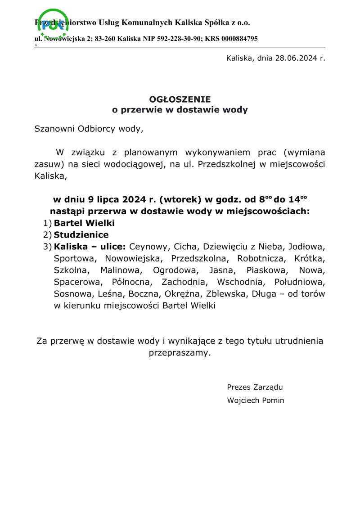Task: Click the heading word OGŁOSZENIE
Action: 180,99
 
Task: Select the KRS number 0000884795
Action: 239,39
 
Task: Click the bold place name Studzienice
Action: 81,235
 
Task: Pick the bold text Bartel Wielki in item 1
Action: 84,223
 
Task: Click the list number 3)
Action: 47,247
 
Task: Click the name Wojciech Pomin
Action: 256,400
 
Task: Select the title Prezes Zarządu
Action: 255,387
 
